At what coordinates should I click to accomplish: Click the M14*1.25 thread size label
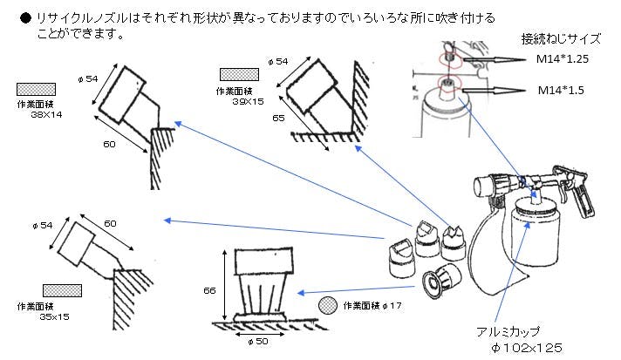pos(568,57)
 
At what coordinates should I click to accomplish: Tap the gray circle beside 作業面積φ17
pos(328,305)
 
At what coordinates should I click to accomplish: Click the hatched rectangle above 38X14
pos(36,88)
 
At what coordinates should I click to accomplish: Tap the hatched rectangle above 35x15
pos(62,289)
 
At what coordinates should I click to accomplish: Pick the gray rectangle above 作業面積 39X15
pos(239,74)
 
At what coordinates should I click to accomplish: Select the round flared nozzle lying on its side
pos(438,280)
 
